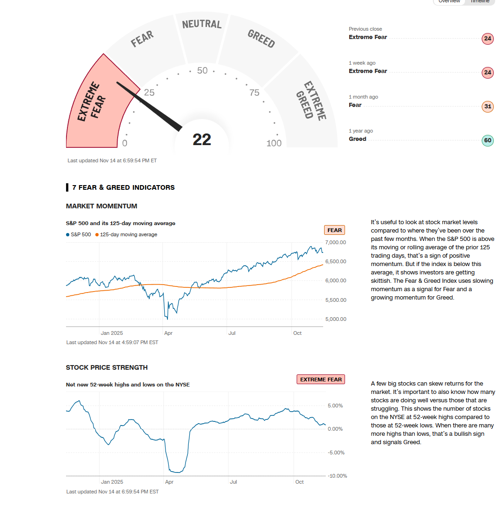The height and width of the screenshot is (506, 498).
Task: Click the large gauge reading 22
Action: pos(202,140)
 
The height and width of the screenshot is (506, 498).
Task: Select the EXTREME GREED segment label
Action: pos(311,101)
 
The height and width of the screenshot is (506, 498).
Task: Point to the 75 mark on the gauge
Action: pos(254,93)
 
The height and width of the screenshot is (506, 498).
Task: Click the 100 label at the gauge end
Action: pos(274,143)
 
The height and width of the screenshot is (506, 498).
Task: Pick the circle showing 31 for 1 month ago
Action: pos(487,107)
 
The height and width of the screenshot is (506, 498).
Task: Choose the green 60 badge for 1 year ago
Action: pos(487,140)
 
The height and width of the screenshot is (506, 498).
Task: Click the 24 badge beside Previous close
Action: pos(487,39)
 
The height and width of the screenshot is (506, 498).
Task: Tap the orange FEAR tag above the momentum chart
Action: pos(334,230)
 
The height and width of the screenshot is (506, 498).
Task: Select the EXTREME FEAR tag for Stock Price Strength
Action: pos(321,379)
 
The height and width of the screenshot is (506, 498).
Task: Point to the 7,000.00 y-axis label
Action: pos(336,242)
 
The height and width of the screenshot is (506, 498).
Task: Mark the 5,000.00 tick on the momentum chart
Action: pos(336,319)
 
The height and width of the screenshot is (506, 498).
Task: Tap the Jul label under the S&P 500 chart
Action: pos(232,333)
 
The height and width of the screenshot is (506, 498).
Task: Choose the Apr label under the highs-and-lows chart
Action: pos(169,482)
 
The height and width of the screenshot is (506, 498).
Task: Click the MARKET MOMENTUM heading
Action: pos(101,206)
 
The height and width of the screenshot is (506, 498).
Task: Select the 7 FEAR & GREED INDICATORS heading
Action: pos(123,187)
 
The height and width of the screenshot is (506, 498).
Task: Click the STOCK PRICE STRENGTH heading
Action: pos(106,367)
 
